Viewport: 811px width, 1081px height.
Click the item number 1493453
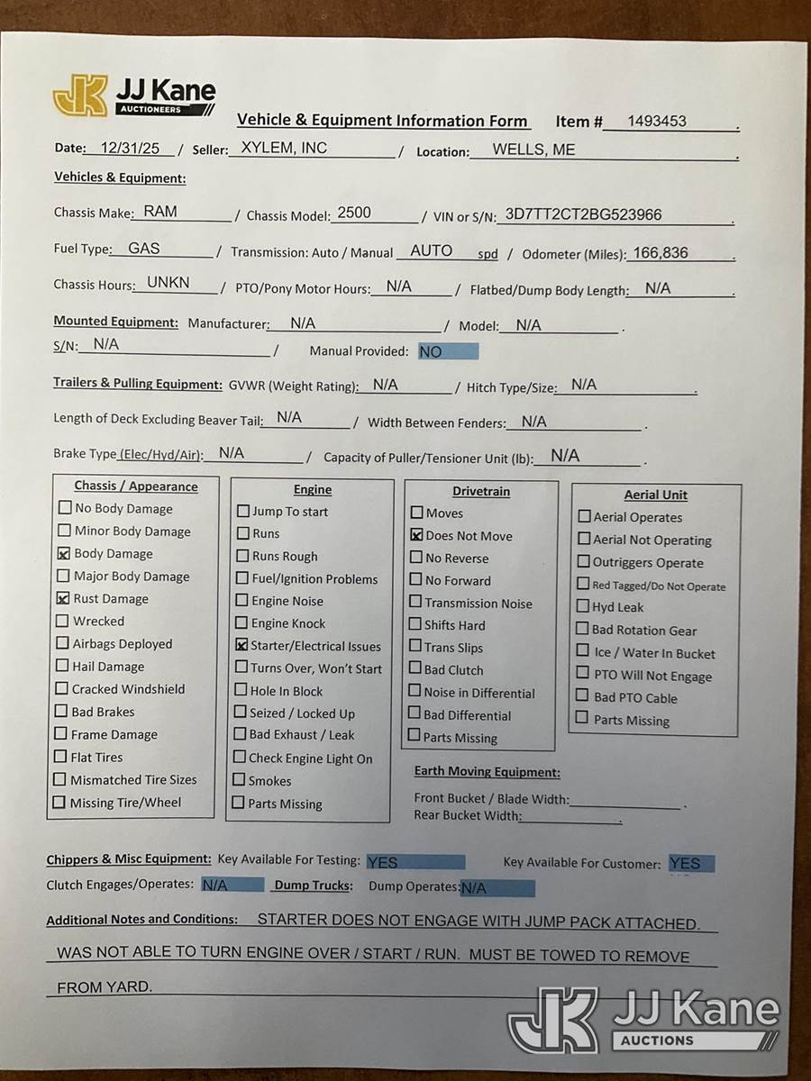coord(657,122)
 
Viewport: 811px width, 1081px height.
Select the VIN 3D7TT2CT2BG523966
coord(583,214)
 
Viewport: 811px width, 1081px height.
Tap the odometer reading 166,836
coord(660,253)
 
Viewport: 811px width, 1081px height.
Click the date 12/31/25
coord(132,148)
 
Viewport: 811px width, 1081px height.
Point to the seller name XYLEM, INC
coord(284,149)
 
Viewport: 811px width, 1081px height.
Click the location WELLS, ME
coord(533,150)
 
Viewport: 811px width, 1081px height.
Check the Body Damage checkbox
coord(64,554)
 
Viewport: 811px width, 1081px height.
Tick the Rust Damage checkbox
coord(64,598)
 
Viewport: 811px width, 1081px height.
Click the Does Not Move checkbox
coord(416,535)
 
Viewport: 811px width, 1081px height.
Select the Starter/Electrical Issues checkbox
coord(242,646)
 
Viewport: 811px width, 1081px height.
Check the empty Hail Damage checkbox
coord(62,666)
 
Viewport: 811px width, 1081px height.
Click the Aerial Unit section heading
coord(655,495)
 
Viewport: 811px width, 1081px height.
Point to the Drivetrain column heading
coord(480,492)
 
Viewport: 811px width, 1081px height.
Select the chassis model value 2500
coord(353,213)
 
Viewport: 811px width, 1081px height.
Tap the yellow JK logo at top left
coord(80,96)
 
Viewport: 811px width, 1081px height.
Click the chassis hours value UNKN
coord(169,283)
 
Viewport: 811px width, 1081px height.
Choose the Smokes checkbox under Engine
coord(240,780)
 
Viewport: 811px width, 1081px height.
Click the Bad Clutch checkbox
coord(415,669)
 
